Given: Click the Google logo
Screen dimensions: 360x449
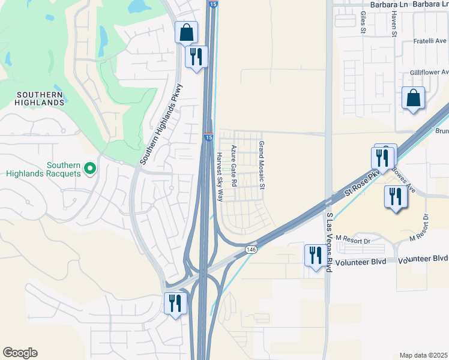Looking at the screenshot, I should pyautogui.click(x=20, y=353).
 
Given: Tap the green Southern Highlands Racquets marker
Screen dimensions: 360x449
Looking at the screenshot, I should pyautogui.click(x=90, y=168).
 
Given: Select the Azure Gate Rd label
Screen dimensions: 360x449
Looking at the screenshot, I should pyautogui.click(x=234, y=164).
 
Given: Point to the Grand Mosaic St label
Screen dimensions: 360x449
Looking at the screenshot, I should pyautogui.click(x=261, y=165).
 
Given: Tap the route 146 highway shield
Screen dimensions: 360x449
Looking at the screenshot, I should pyautogui.click(x=252, y=249).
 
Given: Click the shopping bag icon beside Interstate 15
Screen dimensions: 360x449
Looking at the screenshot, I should pyautogui.click(x=187, y=32).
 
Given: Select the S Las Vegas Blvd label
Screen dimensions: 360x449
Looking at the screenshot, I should pyautogui.click(x=329, y=242).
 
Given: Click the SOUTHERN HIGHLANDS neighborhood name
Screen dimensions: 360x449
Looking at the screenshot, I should pyautogui.click(x=40, y=98).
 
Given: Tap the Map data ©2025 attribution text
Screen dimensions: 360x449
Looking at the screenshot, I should pyautogui.click(x=423, y=355).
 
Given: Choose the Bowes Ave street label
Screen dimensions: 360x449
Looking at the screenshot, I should pyautogui.click(x=404, y=178).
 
